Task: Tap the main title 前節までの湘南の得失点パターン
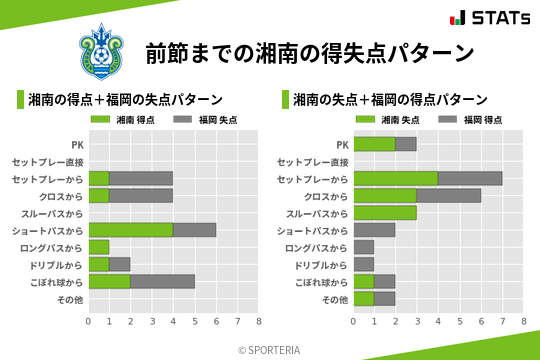pyautogui.click(x=309, y=53)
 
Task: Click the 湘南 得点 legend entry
pyautogui.click(x=124, y=119)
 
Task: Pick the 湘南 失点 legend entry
pyautogui.click(x=390, y=119)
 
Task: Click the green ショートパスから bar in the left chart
pyautogui.click(x=130, y=229)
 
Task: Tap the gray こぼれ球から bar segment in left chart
pyautogui.click(x=162, y=281)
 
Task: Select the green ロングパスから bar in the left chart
pyautogui.click(x=99, y=247)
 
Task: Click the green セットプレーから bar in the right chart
pyautogui.click(x=396, y=178)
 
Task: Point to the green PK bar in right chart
pyautogui.click(x=375, y=144)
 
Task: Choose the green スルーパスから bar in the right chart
pyautogui.click(x=385, y=213)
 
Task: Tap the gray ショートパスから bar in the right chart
pyautogui.click(x=375, y=230)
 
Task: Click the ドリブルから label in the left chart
pyautogui.click(x=55, y=265)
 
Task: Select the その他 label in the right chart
pyautogui.click(x=335, y=299)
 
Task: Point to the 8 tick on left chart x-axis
pyautogui.click(x=259, y=321)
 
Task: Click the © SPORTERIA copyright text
pyautogui.click(x=270, y=350)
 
